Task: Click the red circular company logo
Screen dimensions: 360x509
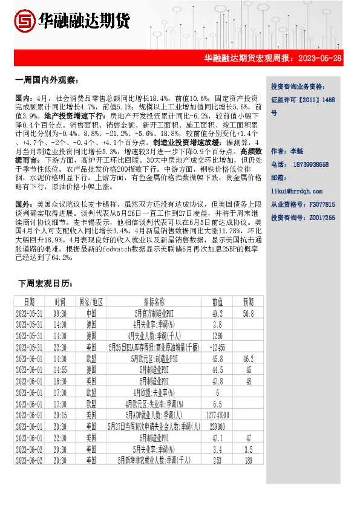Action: click(24, 22)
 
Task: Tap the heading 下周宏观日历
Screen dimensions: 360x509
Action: click(45, 283)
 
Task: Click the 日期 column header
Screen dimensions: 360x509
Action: click(29, 302)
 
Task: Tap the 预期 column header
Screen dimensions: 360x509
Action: click(249, 302)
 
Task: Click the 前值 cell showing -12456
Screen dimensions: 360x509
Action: click(217, 347)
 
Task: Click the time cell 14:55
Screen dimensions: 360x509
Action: click(60, 369)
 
